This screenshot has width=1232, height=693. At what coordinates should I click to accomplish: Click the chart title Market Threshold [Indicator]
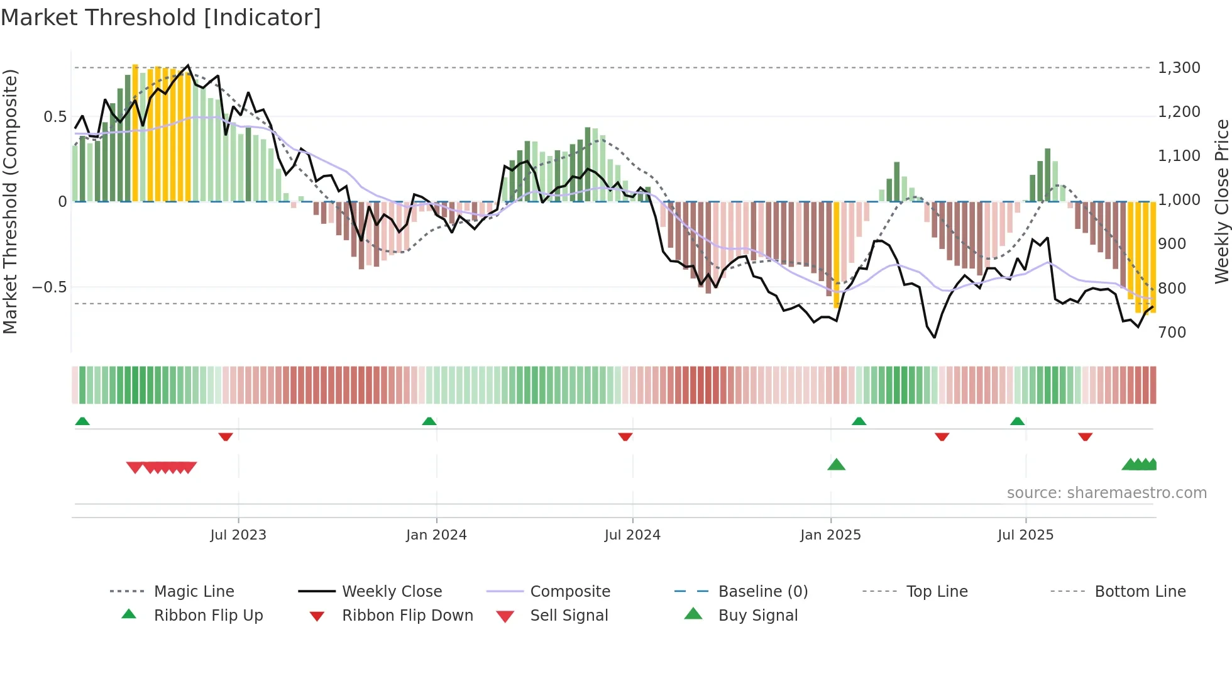point(161,18)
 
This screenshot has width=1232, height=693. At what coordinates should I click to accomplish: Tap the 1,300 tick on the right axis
point(1179,68)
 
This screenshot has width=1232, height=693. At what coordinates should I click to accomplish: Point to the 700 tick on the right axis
point(1172,333)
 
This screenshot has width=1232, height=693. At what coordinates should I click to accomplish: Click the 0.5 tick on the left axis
point(55,117)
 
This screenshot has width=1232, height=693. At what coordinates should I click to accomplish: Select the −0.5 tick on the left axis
point(50,287)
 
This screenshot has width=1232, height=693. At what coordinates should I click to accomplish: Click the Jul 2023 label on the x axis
point(238,535)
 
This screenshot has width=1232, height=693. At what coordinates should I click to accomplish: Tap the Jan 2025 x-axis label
point(830,535)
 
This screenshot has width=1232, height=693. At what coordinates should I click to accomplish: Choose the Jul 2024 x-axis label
point(632,535)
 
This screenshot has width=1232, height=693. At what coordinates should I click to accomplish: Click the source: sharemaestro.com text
point(1106,493)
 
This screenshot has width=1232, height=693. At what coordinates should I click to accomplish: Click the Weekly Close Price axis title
point(1221,201)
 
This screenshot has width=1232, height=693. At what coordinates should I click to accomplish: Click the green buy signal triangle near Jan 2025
point(836,465)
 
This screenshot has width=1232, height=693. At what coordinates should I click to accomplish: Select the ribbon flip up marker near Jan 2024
point(429,421)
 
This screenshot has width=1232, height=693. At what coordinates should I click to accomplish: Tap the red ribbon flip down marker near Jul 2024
point(625,436)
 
